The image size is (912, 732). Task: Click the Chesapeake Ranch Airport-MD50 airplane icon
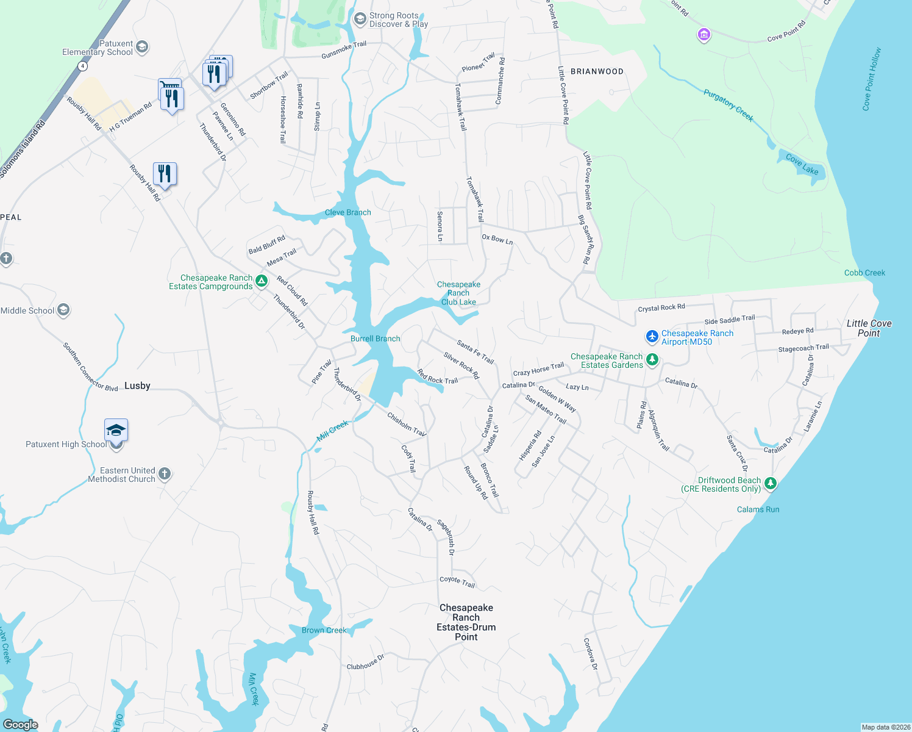(x=652, y=336)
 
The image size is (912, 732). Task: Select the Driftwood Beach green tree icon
(x=771, y=484)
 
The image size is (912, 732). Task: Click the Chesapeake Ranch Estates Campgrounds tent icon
(x=262, y=281)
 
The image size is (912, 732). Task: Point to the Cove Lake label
(x=802, y=164)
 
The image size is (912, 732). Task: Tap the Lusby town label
(x=137, y=386)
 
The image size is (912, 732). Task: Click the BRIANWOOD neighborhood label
(x=597, y=71)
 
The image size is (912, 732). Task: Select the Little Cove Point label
(x=869, y=328)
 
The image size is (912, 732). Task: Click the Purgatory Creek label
(x=728, y=105)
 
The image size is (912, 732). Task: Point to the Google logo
(x=21, y=724)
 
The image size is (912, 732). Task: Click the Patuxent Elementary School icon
(x=142, y=47)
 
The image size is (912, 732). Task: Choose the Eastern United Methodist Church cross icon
(x=165, y=473)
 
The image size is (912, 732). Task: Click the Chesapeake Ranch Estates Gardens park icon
(x=652, y=360)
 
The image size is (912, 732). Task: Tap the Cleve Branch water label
(x=347, y=212)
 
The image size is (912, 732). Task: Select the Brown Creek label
(x=324, y=630)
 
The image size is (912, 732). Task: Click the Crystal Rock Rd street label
(x=661, y=307)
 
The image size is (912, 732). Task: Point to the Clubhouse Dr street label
(x=365, y=662)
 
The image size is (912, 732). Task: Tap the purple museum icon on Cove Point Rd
(x=704, y=35)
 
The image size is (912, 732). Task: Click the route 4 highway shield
(x=83, y=66)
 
